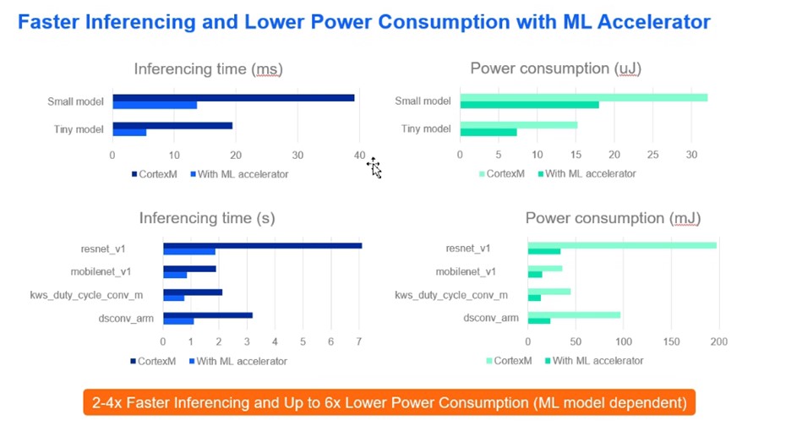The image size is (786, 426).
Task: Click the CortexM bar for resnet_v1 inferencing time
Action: pyautogui.click(x=263, y=246)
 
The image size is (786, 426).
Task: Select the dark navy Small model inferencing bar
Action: pyautogui.click(x=233, y=98)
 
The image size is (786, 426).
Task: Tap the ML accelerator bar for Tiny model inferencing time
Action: pyautogui.click(x=129, y=133)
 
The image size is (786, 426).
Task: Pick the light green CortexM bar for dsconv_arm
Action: pyautogui.click(x=574, y=315)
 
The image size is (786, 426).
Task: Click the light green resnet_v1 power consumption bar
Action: pyautogui.click(x=622, y=246)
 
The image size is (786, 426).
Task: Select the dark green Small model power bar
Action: pyautogui.click(x=529, y=105)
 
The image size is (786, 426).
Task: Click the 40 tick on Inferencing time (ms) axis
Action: pyautogui.click(x=359, y=156)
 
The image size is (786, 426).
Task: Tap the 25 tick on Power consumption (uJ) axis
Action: pyautogui.click(x=652, y=155)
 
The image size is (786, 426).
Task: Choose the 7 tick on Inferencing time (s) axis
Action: pyautogui.click(x=359, y=341)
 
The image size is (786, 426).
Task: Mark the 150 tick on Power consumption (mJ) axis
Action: pyautogui.click(x=671, y=341)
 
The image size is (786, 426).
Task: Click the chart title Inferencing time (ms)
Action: pyautogui.click(x=209, y=68)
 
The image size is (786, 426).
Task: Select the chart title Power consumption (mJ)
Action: pyautogui.click(x=613, y=218)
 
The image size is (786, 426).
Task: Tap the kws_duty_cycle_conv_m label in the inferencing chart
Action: pyautogui.click(x=86, y=295)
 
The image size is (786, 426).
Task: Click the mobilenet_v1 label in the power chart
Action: pyautogui.click(x=466, y=271)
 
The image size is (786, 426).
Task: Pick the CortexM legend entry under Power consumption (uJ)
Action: pyautogui.click(x=502, y=174)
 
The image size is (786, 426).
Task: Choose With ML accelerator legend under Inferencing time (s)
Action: pyautogui.click(x=238, y=362)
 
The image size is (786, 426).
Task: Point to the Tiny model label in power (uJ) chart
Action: pyautogui.click(x=426, y=128)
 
